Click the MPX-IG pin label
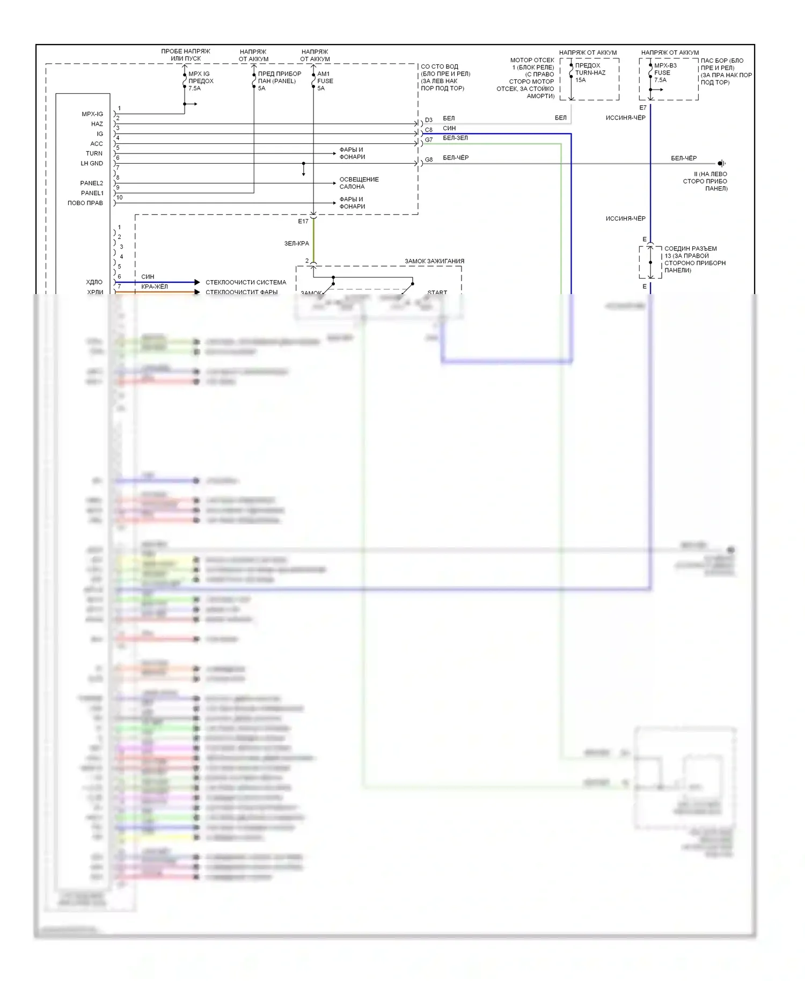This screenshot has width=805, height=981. (92, 114)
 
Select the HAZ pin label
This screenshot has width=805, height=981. (97, 124)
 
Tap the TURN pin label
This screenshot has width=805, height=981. (94, 153)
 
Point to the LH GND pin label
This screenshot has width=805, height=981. (92, 164)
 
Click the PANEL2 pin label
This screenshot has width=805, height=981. (92, 184)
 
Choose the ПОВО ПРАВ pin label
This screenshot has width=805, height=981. (85, 203)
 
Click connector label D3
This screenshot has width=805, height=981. (428, 120)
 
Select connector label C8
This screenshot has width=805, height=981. (428, 130)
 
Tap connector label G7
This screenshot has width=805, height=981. (428, 140)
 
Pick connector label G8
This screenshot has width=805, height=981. (428, 160)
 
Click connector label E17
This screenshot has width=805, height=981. (303, 222)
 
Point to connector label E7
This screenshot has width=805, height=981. (643, 108)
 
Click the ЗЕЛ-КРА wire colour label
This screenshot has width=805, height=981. (297, 244)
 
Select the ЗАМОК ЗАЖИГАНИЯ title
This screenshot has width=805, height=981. (434, 261)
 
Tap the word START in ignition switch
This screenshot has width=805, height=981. (437, 292)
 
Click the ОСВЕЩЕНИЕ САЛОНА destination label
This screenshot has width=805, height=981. (358, 183)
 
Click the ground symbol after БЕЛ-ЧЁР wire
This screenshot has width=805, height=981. (722, 164)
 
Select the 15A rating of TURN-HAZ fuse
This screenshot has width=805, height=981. (581, 80)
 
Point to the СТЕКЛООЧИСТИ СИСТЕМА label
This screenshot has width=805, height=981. (246, 282)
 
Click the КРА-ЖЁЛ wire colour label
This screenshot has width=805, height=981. (155, 287)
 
